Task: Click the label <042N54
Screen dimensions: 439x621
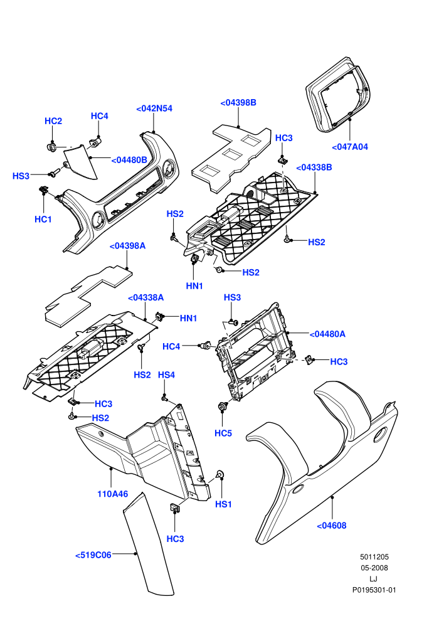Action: (x=154, y=109)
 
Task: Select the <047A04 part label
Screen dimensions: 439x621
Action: (x=350, y=147)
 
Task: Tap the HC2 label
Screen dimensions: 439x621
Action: (x=53, y=121)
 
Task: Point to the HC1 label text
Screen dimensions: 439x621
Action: (x=43, y=220)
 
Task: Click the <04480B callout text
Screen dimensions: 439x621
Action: (x=129, y=160)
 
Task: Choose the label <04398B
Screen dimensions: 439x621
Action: (x=238, y=103)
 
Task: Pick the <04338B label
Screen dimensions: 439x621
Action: (x=314, y=167)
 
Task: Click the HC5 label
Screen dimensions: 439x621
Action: (x=223, y=433)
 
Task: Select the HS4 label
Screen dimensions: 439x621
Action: (x=166, y=375)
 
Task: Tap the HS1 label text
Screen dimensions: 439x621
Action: (x=223, y=504)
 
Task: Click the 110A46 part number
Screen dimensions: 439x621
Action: (x=113, y=494)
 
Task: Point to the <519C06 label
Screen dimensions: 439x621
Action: (x=93, y=555)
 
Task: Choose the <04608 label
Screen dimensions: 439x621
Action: (x=332, y=526)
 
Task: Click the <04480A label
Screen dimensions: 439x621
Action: (x=327, y=334)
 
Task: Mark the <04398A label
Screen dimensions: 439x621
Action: (x=127, y=246)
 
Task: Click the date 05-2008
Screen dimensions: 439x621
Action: (x=374, y=568)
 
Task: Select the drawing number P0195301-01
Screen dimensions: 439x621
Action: (x=374, y=590)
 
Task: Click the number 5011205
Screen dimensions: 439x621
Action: (x=374, y=557)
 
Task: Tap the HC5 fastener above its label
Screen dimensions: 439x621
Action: (x=223, y=406)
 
